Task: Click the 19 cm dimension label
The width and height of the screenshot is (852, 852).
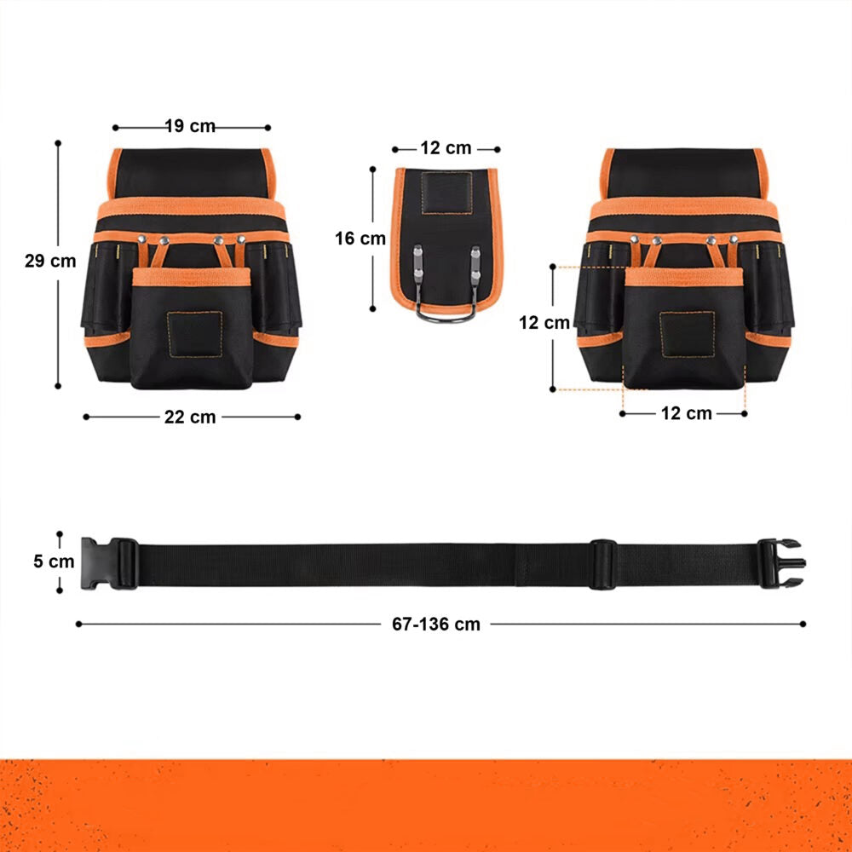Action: pos(190,126)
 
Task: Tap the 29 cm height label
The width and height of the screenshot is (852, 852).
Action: pos(50,261)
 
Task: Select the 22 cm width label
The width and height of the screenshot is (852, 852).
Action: pos(190,417)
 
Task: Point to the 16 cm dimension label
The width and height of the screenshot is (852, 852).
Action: pos(360,238)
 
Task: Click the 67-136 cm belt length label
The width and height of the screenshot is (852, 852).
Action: pos(436,625)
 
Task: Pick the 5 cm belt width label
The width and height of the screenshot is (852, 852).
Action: pos(54,561)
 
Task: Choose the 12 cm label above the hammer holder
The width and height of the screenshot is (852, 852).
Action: pos(446,147)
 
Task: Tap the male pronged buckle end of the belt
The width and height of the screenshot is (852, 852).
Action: pos(782,563)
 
